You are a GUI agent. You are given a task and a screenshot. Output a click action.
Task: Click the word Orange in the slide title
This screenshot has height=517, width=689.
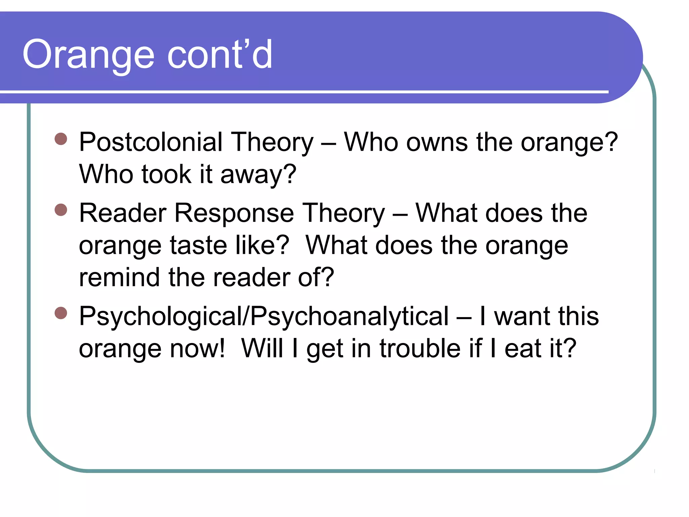88,55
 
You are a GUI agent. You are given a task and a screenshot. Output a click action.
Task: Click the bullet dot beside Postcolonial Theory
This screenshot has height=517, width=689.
61,139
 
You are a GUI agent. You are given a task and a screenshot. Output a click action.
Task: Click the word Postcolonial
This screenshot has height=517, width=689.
150,142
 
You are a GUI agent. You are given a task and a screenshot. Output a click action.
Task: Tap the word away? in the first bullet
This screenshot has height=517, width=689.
258,174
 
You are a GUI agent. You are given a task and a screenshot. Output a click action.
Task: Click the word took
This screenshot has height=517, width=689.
166,174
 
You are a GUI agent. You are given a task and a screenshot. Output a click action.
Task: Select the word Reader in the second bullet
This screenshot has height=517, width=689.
123,213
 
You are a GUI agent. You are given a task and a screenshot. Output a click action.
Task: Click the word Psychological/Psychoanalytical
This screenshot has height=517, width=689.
264,316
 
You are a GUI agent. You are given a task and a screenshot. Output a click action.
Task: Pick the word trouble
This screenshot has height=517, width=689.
420,348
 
